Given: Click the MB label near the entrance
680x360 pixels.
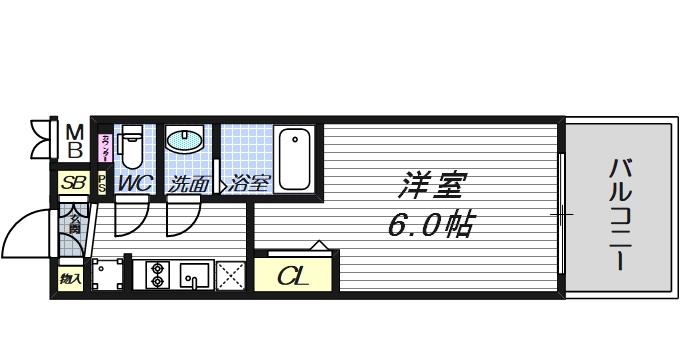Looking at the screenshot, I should coord(74,142).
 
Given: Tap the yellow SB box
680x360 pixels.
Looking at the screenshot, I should coord(72,184).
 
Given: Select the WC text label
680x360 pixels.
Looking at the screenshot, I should coord(135,184).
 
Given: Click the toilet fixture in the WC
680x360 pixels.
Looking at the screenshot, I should coord(131,149).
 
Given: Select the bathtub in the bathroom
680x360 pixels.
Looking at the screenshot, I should coord(295,158).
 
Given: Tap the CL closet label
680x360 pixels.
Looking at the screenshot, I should coord(293,274).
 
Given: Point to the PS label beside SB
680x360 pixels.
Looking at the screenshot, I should coord(102,184).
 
